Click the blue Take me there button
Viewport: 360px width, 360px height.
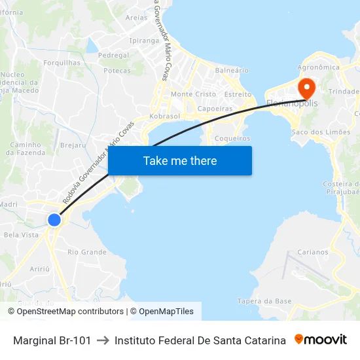coord(180,160)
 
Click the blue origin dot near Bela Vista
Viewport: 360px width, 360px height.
coord(54,220)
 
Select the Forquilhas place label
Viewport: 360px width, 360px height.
coord(62,63)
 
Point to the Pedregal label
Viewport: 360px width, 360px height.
coord(113,56)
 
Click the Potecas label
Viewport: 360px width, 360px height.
coord(117,71)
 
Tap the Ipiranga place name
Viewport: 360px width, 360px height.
coord(145,41)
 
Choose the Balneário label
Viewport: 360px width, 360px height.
coord(232,70)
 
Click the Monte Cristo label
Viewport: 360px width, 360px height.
coord(193,94)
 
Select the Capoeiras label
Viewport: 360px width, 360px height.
coord(215,109)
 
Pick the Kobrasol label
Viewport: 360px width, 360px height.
coord(165,116)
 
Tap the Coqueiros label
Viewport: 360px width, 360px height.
coord(232,139)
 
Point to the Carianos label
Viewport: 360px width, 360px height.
coord(313,252)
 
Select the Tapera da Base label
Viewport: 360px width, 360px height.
coord(264,301)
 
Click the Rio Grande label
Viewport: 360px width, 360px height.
coord(87,252)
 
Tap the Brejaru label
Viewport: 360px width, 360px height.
coord(73,145)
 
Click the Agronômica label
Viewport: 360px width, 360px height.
coord(319,67)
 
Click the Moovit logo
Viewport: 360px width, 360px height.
coord(321,340)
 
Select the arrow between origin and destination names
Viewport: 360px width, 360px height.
coord(103,340)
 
